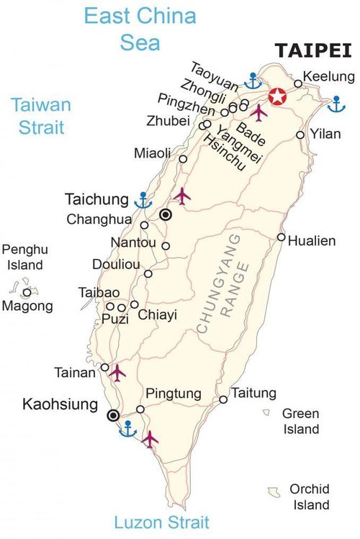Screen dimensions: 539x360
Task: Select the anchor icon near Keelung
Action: (x=336, y=104)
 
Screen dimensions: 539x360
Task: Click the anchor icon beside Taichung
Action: (x=144, y=199)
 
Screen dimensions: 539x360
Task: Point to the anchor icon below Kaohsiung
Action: (x=127, y=430)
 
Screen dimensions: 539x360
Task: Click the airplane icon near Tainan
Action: (x=117, y=372)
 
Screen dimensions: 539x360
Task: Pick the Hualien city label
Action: (x=311, y=241)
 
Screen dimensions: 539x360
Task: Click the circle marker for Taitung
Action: (x=223, y=399)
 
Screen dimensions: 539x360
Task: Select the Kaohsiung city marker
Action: (x=113, y=415)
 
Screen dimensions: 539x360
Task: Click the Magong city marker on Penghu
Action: (x=27, y=292)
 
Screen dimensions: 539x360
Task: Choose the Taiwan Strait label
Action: (x=41, y=117)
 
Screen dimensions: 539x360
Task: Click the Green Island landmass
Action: (x=266, y=413)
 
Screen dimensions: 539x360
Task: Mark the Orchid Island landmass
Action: (x=273, y=491)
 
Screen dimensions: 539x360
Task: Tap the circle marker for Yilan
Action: (x=300, y=135)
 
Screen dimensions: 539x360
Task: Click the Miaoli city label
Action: (x=153, y=153)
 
